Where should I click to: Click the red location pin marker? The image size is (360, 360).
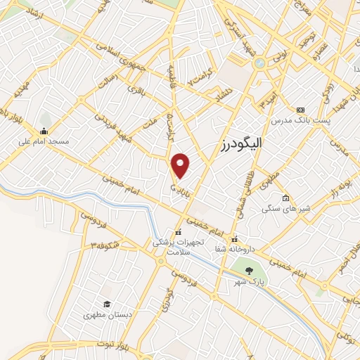(181, 165)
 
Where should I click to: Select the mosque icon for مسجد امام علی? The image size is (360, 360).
(44, 131)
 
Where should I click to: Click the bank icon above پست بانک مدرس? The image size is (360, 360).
(301, 110)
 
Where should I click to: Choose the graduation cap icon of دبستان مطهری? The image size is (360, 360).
(107, 304)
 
